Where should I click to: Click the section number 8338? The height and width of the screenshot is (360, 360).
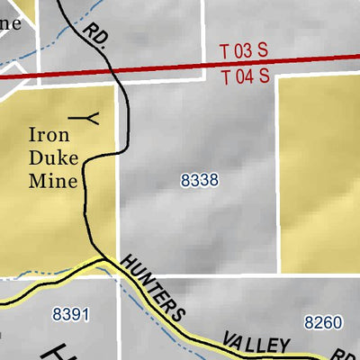199,180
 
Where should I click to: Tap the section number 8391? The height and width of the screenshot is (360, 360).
71,314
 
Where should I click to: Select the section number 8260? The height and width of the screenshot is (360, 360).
323,322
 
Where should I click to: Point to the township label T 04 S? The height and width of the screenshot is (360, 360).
246,77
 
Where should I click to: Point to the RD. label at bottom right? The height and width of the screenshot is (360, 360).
340,353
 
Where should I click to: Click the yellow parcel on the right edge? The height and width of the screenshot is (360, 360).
319,171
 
